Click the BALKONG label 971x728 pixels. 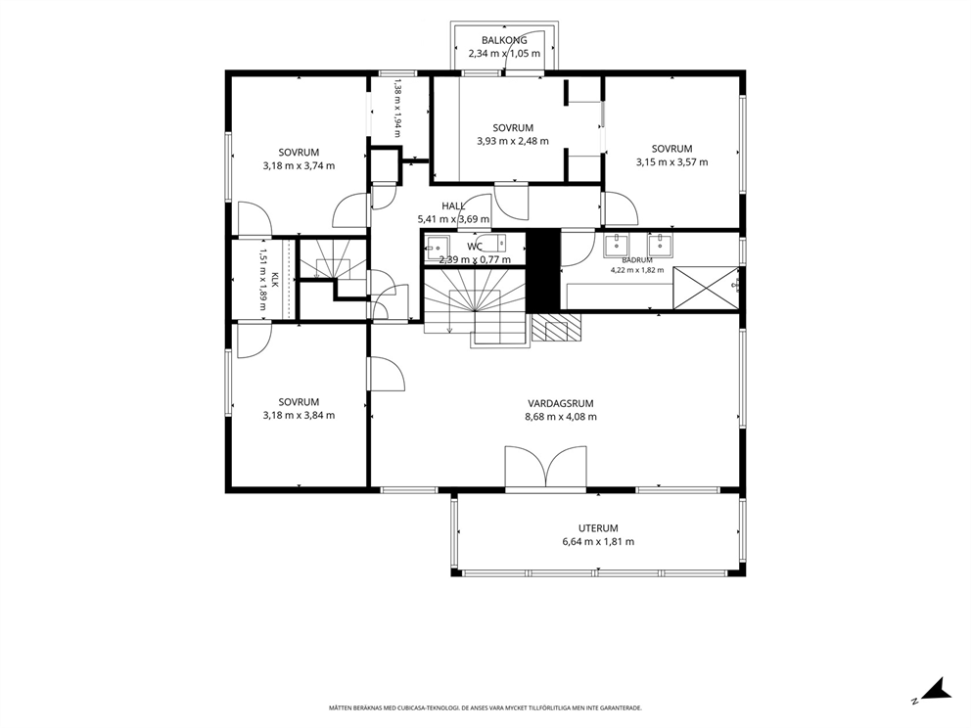coord(504,40)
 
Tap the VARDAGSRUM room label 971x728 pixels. coord(561,403)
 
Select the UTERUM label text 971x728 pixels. coord(598,528)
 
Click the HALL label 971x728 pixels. coord(453,206)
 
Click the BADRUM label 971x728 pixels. coord(636,260)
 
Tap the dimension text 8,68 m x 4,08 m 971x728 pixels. coord(561,417)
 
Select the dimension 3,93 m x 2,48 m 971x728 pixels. coord(513,141)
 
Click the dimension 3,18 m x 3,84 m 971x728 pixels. coord(299,416)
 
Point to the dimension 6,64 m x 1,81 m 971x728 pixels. coord(598,542)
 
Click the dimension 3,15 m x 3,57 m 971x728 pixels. coord(671,162)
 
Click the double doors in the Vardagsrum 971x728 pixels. coord(545,468)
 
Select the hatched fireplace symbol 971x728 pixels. coord(556,328)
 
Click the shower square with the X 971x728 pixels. coord(706,288)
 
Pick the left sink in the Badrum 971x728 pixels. coord(617,246)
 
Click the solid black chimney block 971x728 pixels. coord(543,270)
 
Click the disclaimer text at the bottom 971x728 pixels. coord(485,706)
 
